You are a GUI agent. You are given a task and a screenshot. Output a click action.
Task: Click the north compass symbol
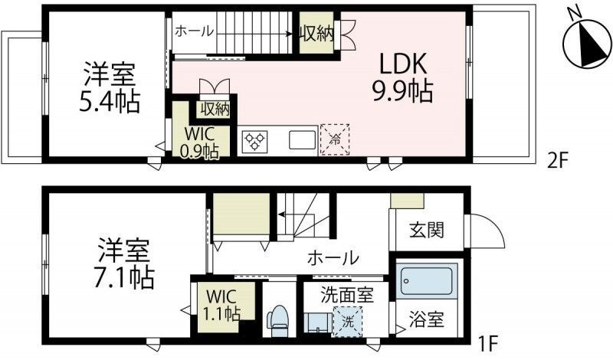[x=586, y=44]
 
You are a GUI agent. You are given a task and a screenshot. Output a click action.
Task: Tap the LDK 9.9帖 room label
[x=403, y=78]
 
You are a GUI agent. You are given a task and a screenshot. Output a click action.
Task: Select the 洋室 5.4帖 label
[x=110, y=88]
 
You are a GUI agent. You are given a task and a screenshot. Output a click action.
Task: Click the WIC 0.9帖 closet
[x=199, y=140]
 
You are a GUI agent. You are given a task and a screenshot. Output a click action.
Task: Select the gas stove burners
[x=254, y=141]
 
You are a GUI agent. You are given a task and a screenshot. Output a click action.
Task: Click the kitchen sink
[x=300, y=140]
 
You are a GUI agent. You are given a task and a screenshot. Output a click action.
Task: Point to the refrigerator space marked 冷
[x=335, y=140]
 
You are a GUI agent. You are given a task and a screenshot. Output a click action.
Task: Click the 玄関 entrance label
[x=428, y=229]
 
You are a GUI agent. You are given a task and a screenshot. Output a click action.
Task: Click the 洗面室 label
[x=337, y=293]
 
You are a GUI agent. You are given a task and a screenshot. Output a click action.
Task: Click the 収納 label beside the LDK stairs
[x=315, y=34]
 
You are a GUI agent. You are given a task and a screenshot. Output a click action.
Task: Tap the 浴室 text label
[x=426, y=316]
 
